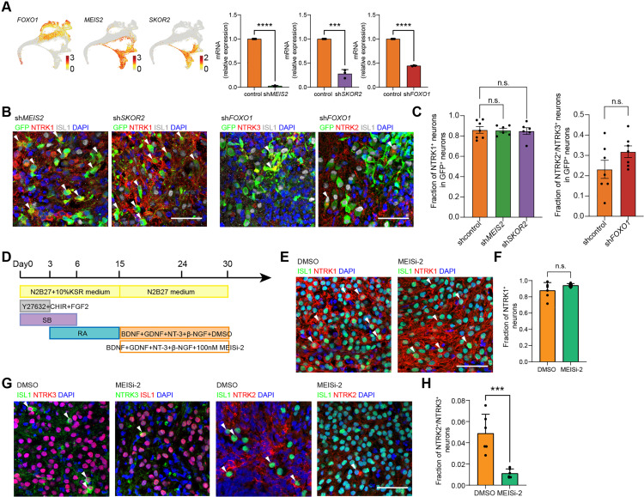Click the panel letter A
[x=6, y=6]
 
